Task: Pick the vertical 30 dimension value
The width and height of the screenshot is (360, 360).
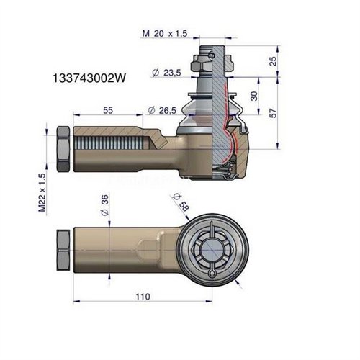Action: click(253, 96)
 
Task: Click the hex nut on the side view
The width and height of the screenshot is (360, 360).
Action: click(63, 150)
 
